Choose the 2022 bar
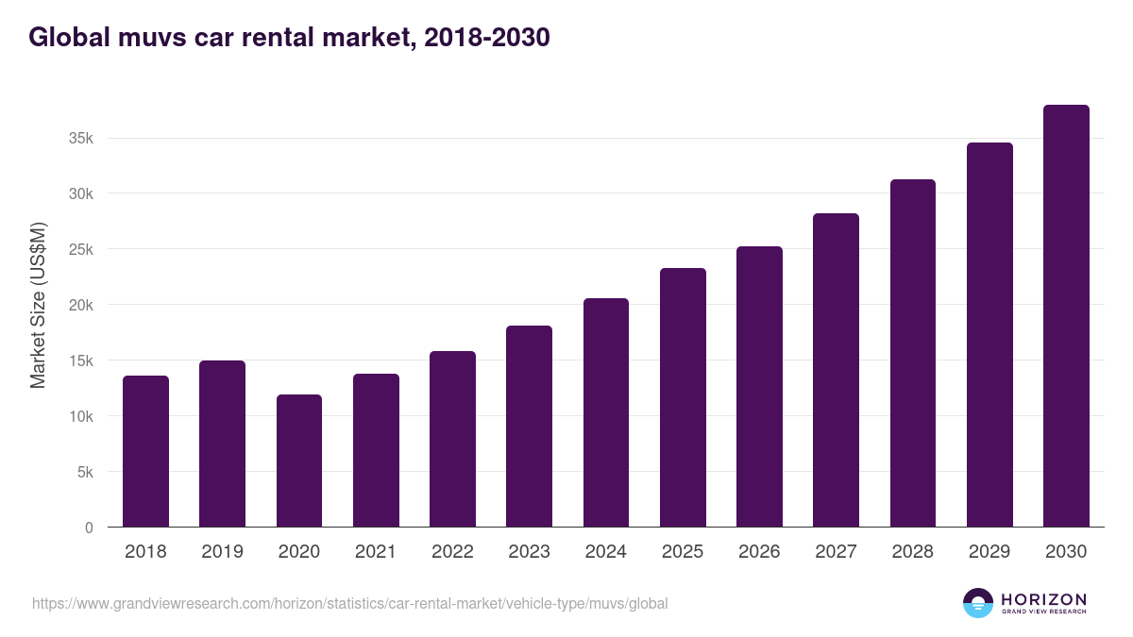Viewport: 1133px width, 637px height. click(452, 439)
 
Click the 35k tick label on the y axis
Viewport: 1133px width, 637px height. click(81, 139)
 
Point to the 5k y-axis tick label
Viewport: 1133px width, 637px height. click(85, 472)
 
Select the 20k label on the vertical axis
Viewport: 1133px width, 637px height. click(81, 305)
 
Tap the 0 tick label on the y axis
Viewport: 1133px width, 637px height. click(89, 528)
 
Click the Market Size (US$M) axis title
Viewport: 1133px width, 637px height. click(38, 305)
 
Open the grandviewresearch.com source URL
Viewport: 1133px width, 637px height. click(349, 603)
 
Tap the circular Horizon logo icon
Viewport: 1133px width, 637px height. click(978, 603)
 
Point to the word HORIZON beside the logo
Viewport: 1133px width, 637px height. click(1043, 599)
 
